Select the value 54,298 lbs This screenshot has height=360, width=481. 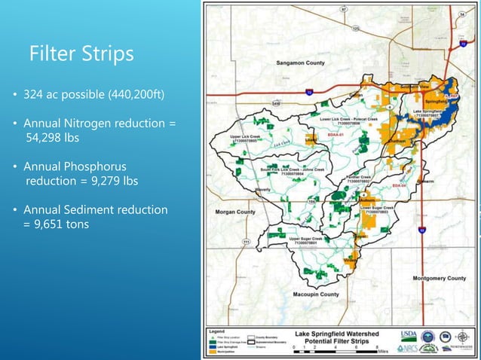pyautogui.click(x=57, y=138)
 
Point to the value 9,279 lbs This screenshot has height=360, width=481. pyautogui.click(x=111, y=181)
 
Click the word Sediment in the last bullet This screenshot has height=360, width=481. pyautogui.click(x=87, y=209)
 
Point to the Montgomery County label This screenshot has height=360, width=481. pyautogui.click(x=440, y=278)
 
